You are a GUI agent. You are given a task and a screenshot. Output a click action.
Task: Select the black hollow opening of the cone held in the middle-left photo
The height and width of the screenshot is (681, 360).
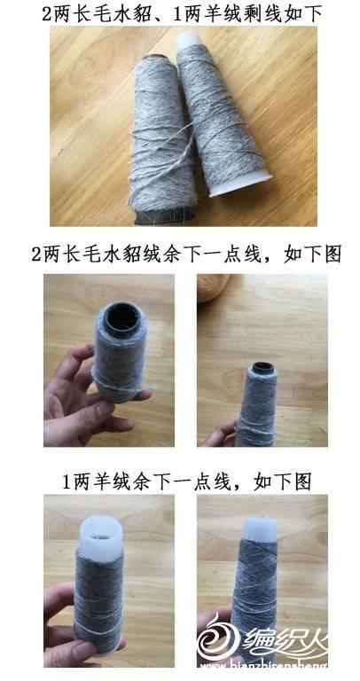click(x=123, y=317)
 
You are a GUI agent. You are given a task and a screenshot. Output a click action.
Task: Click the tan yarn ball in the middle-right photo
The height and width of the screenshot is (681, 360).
click(x=212, y=286)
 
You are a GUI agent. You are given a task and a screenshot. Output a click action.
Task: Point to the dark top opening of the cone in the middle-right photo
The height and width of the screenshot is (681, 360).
click(x=263, y=368)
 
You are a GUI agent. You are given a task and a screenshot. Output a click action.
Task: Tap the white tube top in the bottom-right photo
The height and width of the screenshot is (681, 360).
click(x=261, y=529)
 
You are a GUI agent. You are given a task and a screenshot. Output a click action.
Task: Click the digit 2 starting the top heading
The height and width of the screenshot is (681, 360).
click(x=47, y=15)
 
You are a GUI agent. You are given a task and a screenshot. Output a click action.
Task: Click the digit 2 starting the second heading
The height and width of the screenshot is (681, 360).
click(x=36, y=254)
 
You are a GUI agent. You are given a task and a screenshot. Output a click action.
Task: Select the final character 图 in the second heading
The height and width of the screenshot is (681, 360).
click(x=333, y=254)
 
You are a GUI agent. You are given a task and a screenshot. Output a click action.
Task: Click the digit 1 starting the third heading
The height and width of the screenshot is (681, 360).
click(x=67, y=482)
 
